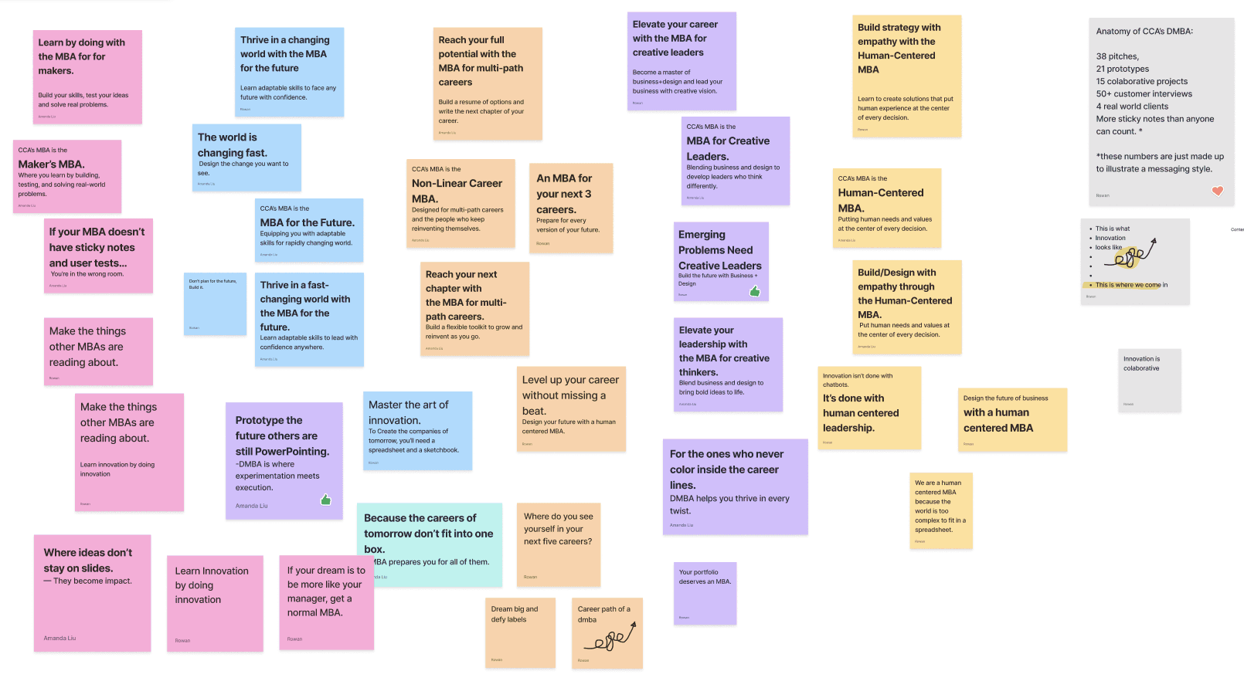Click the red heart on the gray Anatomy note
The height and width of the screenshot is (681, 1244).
[x=1217, y=191]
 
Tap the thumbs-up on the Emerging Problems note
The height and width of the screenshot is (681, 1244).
[x=755, y=291]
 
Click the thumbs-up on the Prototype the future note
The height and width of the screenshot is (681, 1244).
[x=326, y=500]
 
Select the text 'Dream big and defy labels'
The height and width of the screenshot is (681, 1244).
[x=515, y=615]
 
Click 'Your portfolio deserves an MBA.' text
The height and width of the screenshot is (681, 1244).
[x=705, y=577]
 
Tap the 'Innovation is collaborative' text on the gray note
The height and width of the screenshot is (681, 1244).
[x=1141, y=364]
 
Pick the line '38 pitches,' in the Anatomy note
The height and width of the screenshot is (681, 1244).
[x=1117, y=56]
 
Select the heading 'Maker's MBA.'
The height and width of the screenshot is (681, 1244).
[x=52, y=164]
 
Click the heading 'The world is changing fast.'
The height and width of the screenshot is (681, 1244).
[x=232, y=145]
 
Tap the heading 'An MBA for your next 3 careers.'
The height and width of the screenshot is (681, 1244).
[x=564, y=194]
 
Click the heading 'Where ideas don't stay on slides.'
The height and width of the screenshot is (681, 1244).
[x=87, y=561]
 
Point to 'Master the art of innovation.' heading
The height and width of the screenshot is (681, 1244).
[x=408, y=412]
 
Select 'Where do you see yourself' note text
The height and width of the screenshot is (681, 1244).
[x=558, y=529]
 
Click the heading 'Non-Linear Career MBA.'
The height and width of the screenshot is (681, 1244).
[x=457, y=191]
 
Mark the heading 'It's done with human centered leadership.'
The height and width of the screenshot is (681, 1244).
[x=861, y=413]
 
